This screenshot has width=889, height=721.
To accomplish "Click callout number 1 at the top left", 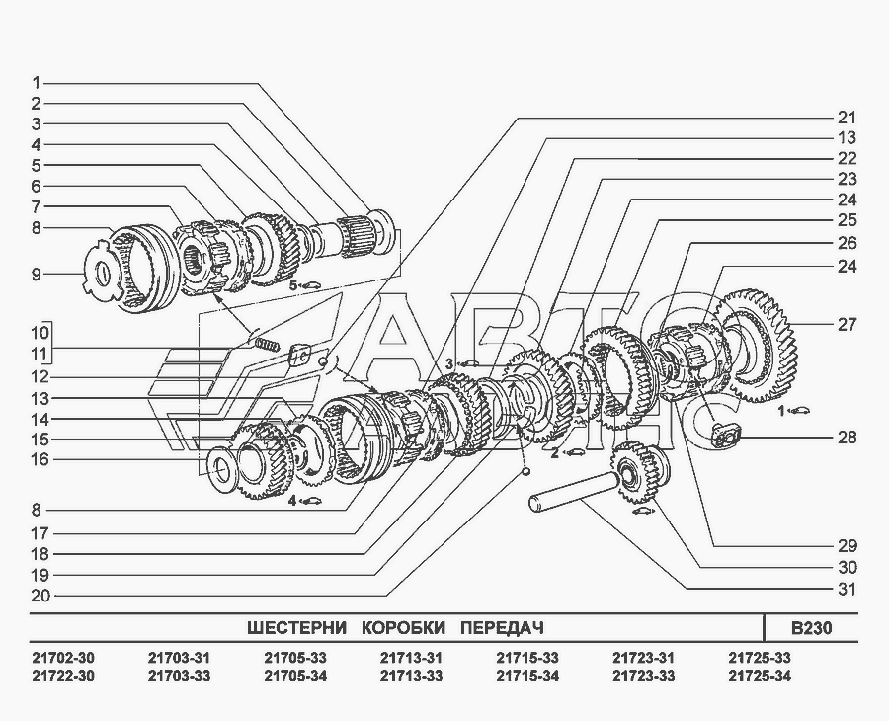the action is (37, 83).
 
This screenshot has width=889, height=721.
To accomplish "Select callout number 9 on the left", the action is (37, 275).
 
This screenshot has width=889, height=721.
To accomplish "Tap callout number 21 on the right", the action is (847, 118).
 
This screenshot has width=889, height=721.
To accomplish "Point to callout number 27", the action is (847, 325).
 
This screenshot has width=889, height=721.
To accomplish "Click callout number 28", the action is (847, 438).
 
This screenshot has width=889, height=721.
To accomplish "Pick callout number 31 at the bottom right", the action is (847, 590).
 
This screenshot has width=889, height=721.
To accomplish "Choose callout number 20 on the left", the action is (40, 596).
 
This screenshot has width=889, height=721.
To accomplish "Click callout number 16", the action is (40, 458).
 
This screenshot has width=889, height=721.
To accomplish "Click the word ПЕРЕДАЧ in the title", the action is (502, 628).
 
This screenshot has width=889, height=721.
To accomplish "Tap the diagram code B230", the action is (811, 628).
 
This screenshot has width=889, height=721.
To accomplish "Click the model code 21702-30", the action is (63, 658).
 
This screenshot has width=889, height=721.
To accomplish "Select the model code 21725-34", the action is (760, 676).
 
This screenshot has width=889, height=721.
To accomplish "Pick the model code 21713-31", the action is (411, 658).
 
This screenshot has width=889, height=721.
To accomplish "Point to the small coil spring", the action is (266, 345).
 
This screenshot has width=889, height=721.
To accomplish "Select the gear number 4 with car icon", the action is (304, 501).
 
